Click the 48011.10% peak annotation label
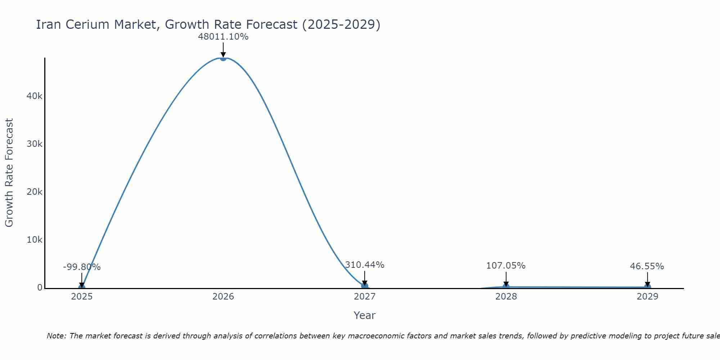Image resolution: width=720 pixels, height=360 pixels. click(223, 37)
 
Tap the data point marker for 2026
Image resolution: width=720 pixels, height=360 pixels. click(223, 58)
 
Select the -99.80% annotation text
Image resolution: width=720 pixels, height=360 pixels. click(82, 267)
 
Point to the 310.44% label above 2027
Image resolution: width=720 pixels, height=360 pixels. click(365, 265)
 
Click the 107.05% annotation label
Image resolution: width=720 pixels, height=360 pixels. click(506, 266)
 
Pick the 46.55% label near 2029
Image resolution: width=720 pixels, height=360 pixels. click(647, 266)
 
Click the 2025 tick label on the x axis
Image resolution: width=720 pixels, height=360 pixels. click(82, 297)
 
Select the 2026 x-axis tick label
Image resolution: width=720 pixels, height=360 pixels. click(223, 297)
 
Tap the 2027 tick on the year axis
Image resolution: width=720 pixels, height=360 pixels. click(365, 297)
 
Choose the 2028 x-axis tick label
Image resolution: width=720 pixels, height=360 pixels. click(506, 297)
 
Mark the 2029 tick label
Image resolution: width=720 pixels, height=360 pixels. click(647, 297)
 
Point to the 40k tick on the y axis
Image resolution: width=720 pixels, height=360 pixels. click(35, 96)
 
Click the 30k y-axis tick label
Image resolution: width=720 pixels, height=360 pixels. click(35, 144)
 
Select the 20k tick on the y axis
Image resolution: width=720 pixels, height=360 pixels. click(35, 192)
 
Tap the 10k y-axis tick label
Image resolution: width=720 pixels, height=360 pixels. click(35, 240)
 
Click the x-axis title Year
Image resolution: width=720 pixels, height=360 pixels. click(364, 315)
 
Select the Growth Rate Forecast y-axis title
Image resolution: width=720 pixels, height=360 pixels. click(9, 173)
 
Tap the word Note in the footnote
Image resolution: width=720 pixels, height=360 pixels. click(57, 336)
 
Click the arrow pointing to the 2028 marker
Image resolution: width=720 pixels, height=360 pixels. click(506, 279)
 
